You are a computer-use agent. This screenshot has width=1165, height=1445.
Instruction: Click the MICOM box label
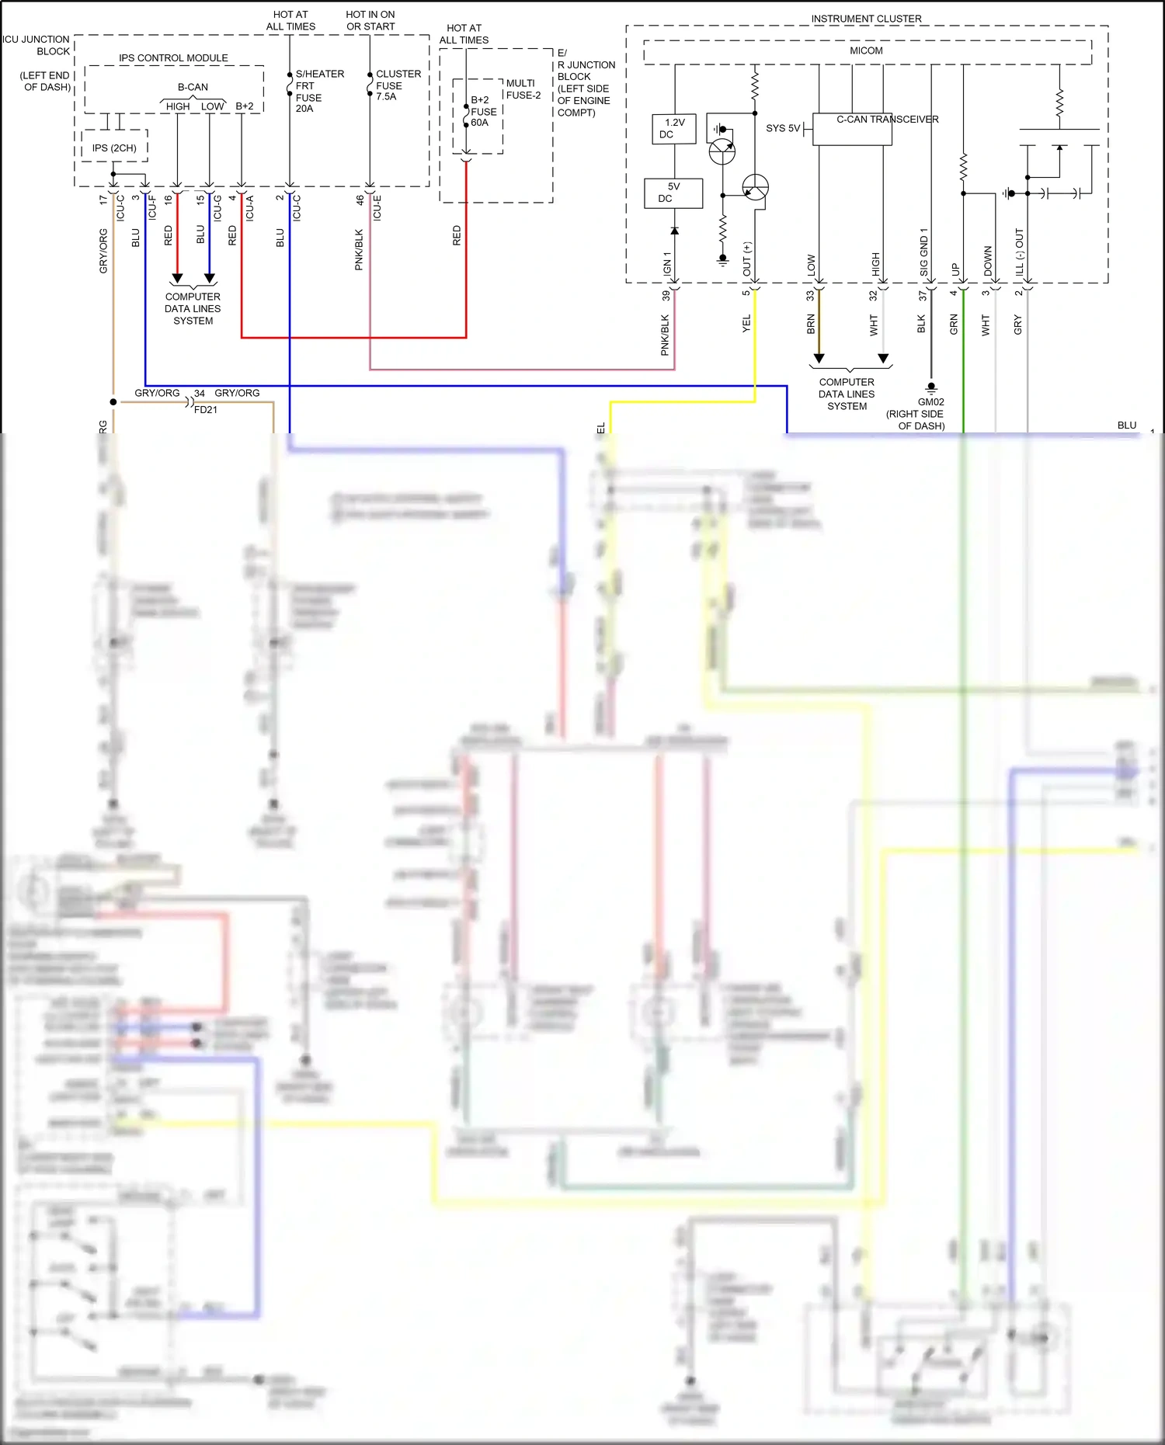pyautogui.click(x=866, y=50)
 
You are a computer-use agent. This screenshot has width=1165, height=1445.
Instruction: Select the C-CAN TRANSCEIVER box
pyautogui.click(x=852, y=129)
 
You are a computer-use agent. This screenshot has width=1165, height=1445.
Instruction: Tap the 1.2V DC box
pyautogui.click(x=673, y=128)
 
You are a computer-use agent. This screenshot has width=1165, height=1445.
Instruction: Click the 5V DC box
pyautogui.click(x=673, y=193)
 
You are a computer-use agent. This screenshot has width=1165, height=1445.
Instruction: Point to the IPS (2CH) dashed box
pyautogui.click(x=114, y=147)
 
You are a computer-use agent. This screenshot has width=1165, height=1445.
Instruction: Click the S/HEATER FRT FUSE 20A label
pyautogui.click(x=318, y=91)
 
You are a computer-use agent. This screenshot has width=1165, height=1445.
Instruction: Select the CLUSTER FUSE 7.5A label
pyautogui.click(x=398, y=85)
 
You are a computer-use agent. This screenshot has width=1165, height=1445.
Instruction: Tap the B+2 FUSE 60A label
pyautogui.click(x=482, y=111)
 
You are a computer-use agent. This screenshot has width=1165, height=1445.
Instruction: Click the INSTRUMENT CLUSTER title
pyautogui.click(x=866, y=19)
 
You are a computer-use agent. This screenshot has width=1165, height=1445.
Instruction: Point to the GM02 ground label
pyautogui.click(x=930, y=401)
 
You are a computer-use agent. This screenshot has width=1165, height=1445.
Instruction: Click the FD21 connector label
pyautogui.click(x=206, y=409)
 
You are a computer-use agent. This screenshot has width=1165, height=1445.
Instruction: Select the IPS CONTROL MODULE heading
pyautogui.click(x=173, y=58)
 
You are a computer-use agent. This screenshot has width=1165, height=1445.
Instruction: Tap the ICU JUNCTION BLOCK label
pyautogui.click(x=37, y=45)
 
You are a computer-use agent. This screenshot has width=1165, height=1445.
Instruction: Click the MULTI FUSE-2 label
pyautogui.click(x=523, y=89)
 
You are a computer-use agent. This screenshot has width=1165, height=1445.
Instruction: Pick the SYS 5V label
pyautogui.click(x=782, y=128)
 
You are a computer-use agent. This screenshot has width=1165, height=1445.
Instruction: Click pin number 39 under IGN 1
pyautogui.click(x=666, y=296)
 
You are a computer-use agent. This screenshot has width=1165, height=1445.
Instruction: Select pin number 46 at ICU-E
pyautogui.click(x=360, y=200)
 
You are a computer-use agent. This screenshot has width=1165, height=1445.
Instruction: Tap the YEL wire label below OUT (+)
pyautogui.click(x=746, y=324)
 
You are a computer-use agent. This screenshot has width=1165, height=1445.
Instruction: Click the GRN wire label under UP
pyautogui.click(x=954, y=325)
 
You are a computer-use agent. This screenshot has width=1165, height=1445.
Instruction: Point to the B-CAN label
pyautogui.click(x=193, y=87)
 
